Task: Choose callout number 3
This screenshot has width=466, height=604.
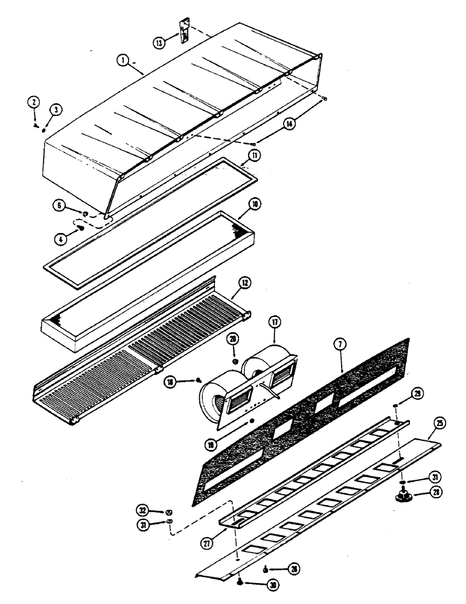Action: (x=56, y=109)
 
